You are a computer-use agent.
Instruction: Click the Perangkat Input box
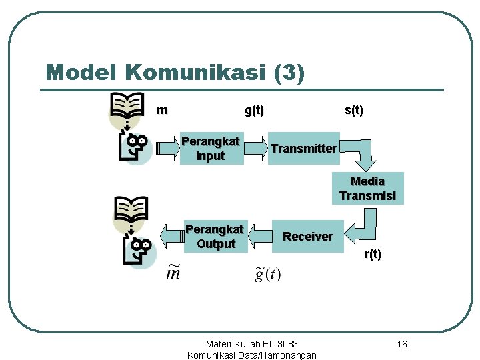[211, 149]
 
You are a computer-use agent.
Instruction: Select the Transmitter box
[303, 149]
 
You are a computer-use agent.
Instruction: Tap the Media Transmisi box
[367, 188]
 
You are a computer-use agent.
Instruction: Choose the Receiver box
[307, 236]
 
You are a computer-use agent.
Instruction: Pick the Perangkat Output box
[215, 237]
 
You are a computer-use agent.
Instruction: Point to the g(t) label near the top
[254, 110]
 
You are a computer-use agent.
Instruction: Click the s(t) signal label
[354, 110]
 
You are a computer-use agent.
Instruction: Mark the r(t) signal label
[373, 254]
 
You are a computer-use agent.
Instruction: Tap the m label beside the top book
[162, 110]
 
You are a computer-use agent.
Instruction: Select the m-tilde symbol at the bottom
[173, 273]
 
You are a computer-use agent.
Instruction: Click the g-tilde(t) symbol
[268, 273]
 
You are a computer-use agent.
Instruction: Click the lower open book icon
[131, 209]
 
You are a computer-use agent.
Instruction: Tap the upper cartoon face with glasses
[135, 146]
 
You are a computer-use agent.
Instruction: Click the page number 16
[401, 344]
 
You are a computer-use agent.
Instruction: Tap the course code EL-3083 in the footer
[279, 344]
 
